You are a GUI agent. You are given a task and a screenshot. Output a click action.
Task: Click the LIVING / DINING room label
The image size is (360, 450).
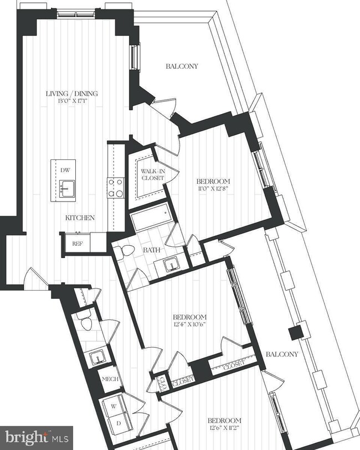pos(72,94)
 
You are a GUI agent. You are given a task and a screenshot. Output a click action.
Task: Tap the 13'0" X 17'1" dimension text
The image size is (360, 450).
pos(72,101)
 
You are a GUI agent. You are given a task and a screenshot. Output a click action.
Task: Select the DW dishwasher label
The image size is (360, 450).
pos(65,170)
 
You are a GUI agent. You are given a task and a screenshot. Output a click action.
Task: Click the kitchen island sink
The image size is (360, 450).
pos(67,189)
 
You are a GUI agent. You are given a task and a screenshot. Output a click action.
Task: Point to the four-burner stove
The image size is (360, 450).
pos(116,188)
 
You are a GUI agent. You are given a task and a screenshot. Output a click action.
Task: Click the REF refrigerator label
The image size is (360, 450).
pos(77,244)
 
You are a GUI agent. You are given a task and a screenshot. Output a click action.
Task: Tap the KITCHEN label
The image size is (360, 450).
pos(80,218)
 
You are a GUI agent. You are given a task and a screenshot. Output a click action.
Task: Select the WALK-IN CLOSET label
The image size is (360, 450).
pos(153,174)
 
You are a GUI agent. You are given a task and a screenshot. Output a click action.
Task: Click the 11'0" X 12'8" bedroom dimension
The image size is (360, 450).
pos(213,189)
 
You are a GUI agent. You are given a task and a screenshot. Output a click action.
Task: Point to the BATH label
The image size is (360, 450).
pos(152,250)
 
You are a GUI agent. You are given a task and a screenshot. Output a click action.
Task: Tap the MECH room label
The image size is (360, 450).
pos(110,379)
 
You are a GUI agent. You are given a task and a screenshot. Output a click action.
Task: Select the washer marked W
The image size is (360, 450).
pos(114,406)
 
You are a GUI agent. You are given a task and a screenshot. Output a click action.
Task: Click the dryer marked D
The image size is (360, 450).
pos(118,424)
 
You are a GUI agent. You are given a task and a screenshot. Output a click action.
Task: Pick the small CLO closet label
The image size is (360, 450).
pos(162,383)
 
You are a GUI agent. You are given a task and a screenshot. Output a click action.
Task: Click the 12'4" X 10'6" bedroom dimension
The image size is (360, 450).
pos(190,324)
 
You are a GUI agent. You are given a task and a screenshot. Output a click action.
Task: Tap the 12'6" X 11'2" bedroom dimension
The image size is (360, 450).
pos(223,428)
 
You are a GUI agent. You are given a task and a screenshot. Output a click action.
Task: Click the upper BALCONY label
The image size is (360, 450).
pos(182,66)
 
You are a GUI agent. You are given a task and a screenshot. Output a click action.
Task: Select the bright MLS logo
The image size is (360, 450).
pos(37,438)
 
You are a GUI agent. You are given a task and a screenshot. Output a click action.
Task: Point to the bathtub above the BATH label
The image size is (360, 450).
pos(152,218)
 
